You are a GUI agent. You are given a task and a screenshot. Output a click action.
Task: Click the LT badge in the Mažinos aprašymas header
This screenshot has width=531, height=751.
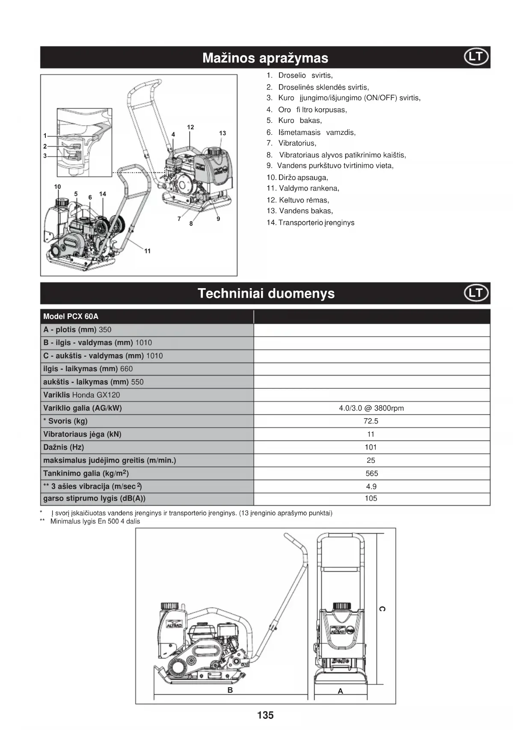coord(476,57)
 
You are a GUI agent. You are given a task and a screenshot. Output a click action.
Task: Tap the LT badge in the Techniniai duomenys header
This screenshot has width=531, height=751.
coord(476,293)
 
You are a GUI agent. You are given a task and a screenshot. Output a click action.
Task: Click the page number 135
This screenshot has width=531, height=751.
coord(265,715)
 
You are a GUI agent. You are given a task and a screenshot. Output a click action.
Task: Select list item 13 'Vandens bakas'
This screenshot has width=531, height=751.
coord(300,211)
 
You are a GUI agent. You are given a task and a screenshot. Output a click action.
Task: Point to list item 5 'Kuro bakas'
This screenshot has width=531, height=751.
coord(294,120)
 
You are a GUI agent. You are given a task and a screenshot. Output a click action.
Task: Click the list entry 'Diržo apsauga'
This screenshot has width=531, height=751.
coord(297,177)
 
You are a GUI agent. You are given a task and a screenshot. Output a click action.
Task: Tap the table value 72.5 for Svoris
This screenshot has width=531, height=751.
coord(371,421)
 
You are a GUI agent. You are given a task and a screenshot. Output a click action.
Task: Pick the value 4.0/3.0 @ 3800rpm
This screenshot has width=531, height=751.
coord(371,408)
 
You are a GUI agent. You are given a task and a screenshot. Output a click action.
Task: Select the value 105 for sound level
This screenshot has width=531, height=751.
coord(371,498)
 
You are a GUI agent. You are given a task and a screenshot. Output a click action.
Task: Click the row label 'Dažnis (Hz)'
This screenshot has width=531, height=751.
coord(63,447)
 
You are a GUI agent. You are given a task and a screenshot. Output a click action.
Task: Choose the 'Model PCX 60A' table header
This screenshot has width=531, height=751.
coord(71,316)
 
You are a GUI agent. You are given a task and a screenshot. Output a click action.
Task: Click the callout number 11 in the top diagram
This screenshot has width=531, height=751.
coord(147,251)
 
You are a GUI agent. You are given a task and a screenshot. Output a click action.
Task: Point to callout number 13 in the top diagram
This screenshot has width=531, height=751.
coord(222,133)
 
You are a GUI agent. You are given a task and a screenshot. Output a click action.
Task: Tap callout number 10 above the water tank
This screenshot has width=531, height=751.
coord(57,187)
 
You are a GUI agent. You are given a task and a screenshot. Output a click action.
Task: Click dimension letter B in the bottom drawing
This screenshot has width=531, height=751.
coord(230,690)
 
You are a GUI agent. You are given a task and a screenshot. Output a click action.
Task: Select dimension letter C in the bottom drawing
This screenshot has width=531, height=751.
coord(382,609)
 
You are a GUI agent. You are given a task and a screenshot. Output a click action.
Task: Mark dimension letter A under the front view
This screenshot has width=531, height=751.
coord(341,691)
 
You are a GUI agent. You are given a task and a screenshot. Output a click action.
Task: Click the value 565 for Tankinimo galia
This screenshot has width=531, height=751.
coord(371,473)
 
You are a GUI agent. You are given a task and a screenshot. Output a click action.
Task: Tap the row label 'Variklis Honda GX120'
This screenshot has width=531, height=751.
coord(81,395)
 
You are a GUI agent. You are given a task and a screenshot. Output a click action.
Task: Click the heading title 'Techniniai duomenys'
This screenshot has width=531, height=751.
coord(266,293)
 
